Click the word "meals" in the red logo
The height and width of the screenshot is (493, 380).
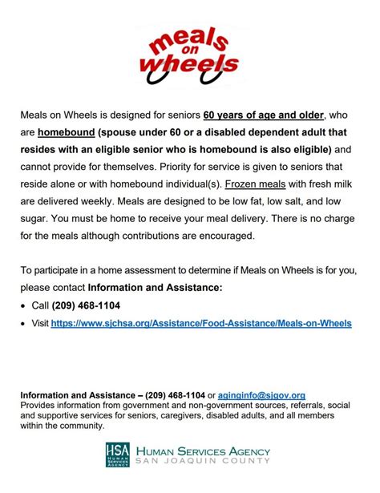[x=187, y=39]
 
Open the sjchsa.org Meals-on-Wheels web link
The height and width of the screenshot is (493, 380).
[x=201, y=323]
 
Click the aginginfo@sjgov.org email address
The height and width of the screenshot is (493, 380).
[x=261, y=395]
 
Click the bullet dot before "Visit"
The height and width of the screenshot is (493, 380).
[x=25, y=323]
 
